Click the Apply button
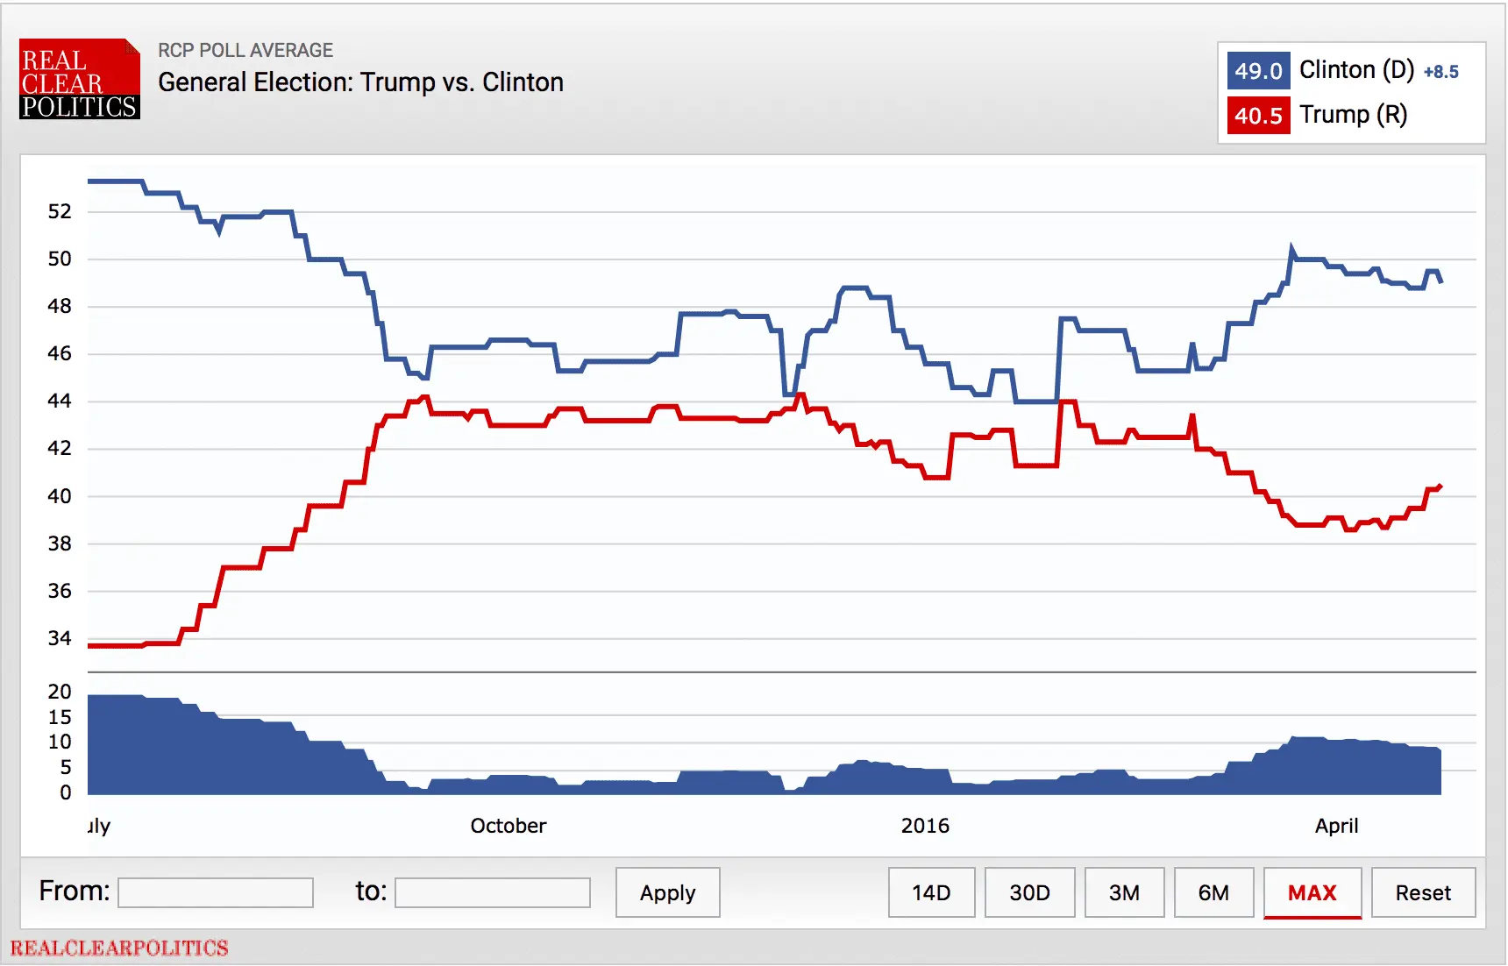(x=667, y=892)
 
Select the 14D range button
(x=931, y=892)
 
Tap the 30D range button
(x=1029, y=892)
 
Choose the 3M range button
(x=1124, y=892)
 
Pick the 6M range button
(x=1213, y=892)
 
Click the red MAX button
(x=1312, y=892)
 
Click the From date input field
(x=216, y=892)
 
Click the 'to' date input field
(x=492, y=892)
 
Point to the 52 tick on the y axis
(x=60, y=211)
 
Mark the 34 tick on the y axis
(x=60, y=638)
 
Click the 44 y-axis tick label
(x=60, y=401)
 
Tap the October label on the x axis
(x=508, y=826)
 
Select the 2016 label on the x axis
(x=925, y=826)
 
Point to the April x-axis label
(x=1336, y=826)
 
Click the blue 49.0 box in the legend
(x=1258, y=71)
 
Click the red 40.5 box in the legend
(x=1258, y=116)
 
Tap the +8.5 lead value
(x=1440, y=72)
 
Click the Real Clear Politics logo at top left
(x=79, y=79)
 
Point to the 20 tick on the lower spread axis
(x=60, y=692)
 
